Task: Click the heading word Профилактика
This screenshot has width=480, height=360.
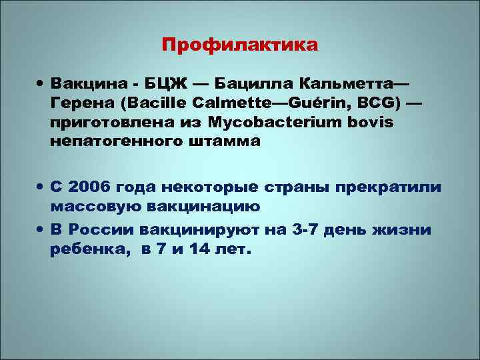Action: pyautogui.click(x=240, y=45)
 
